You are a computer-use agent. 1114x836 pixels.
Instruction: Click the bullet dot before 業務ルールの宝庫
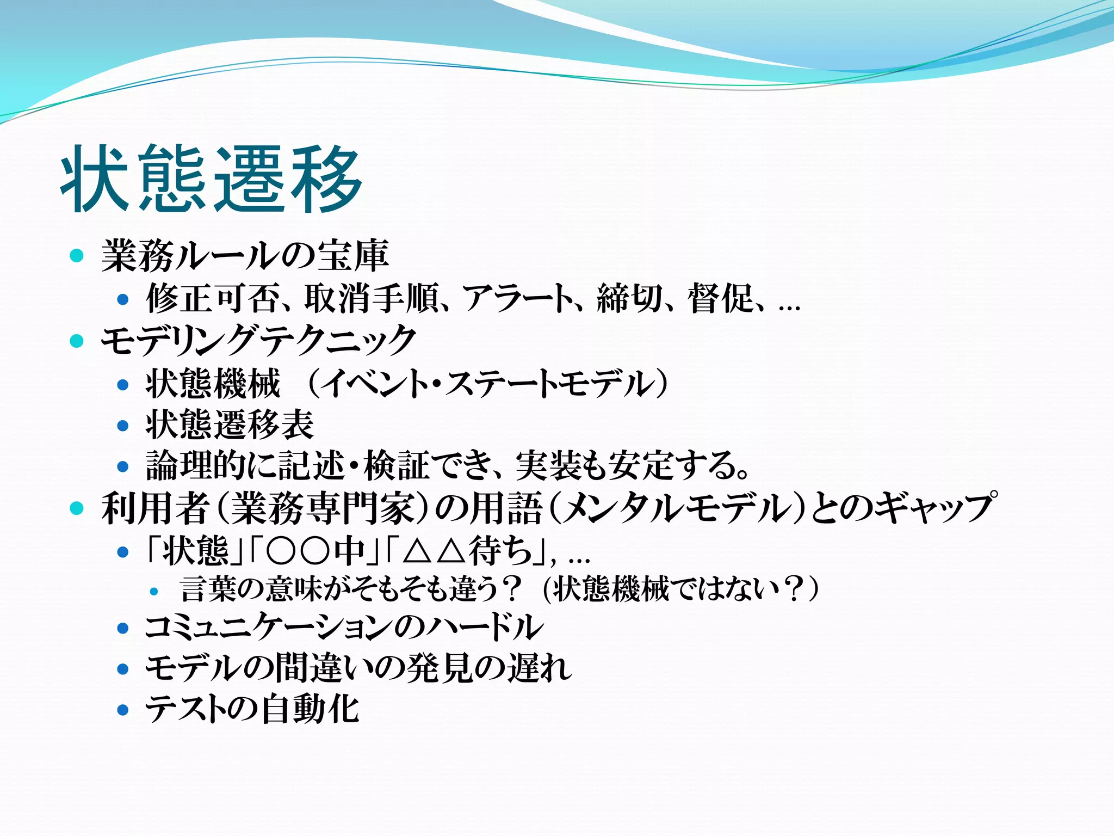tap(77, 255)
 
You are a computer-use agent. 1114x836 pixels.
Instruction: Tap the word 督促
tap(720, 298)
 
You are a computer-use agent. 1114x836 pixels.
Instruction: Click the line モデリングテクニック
tap(258, 340)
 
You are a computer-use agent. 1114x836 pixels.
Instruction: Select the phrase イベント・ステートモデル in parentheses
tap(487, 384)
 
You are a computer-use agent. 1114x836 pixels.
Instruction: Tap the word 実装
tap(549, 466)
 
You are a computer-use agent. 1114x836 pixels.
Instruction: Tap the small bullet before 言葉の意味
tap(154, 591)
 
